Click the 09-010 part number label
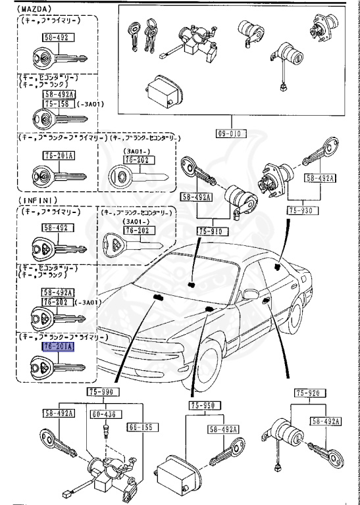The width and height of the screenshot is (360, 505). pyautogui.click(x=230, y=133)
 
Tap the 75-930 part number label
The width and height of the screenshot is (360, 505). pyautogui.click(x=302, y=211)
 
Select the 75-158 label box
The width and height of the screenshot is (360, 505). pyautogui.click(x=59, y=103)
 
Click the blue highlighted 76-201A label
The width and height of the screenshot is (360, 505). pyautogui.click(x=59, y=346)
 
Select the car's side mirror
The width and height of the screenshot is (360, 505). pyautogui.click(x=251, y=293)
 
